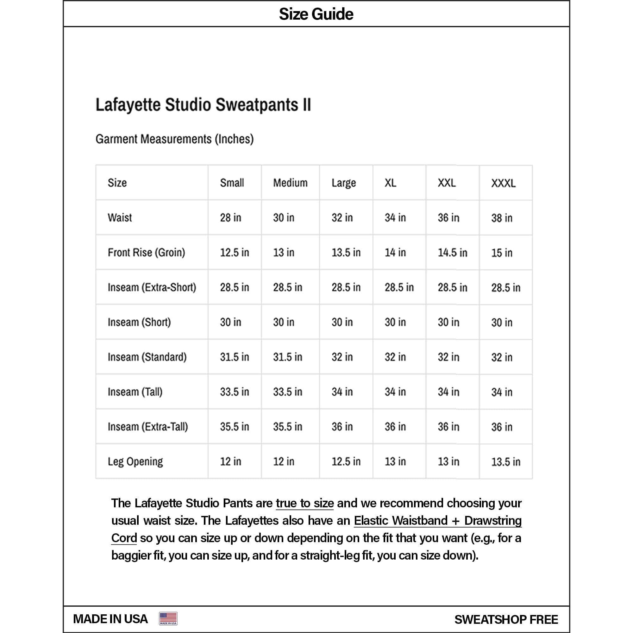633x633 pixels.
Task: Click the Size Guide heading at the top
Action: (x=316, y=14)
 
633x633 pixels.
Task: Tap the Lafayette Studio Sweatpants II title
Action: (x=203, y=105)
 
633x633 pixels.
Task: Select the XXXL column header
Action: (x=503, y=183)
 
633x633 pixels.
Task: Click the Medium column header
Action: (x=290, y=183)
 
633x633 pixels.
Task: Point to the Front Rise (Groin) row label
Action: (x=147, y=252)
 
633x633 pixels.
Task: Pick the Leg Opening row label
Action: (x=135, y=461)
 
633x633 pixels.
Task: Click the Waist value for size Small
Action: (x=231, y=217)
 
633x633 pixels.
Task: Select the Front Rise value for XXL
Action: (x=453, y=252)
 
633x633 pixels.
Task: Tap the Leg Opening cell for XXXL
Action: (x=505, y=462)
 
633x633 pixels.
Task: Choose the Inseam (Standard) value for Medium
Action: (x=288, y=357)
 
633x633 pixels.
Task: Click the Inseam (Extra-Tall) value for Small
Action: (x=235, y=427)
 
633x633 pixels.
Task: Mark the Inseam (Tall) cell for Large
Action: (x=342, y=392)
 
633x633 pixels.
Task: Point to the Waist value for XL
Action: (x=395, y=217)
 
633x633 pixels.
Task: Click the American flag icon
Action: (x=168, y=618)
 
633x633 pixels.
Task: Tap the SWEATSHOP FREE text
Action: (x=506, y=619)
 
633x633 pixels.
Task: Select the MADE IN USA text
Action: (x=110, y=619)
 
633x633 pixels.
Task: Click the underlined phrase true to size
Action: (x=305, y=503)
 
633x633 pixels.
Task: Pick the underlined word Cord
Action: (x=124, y=538)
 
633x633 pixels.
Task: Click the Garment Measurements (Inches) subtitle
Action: (x=175, y=139)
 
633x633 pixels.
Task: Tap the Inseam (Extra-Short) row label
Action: (x=152, y=287)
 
